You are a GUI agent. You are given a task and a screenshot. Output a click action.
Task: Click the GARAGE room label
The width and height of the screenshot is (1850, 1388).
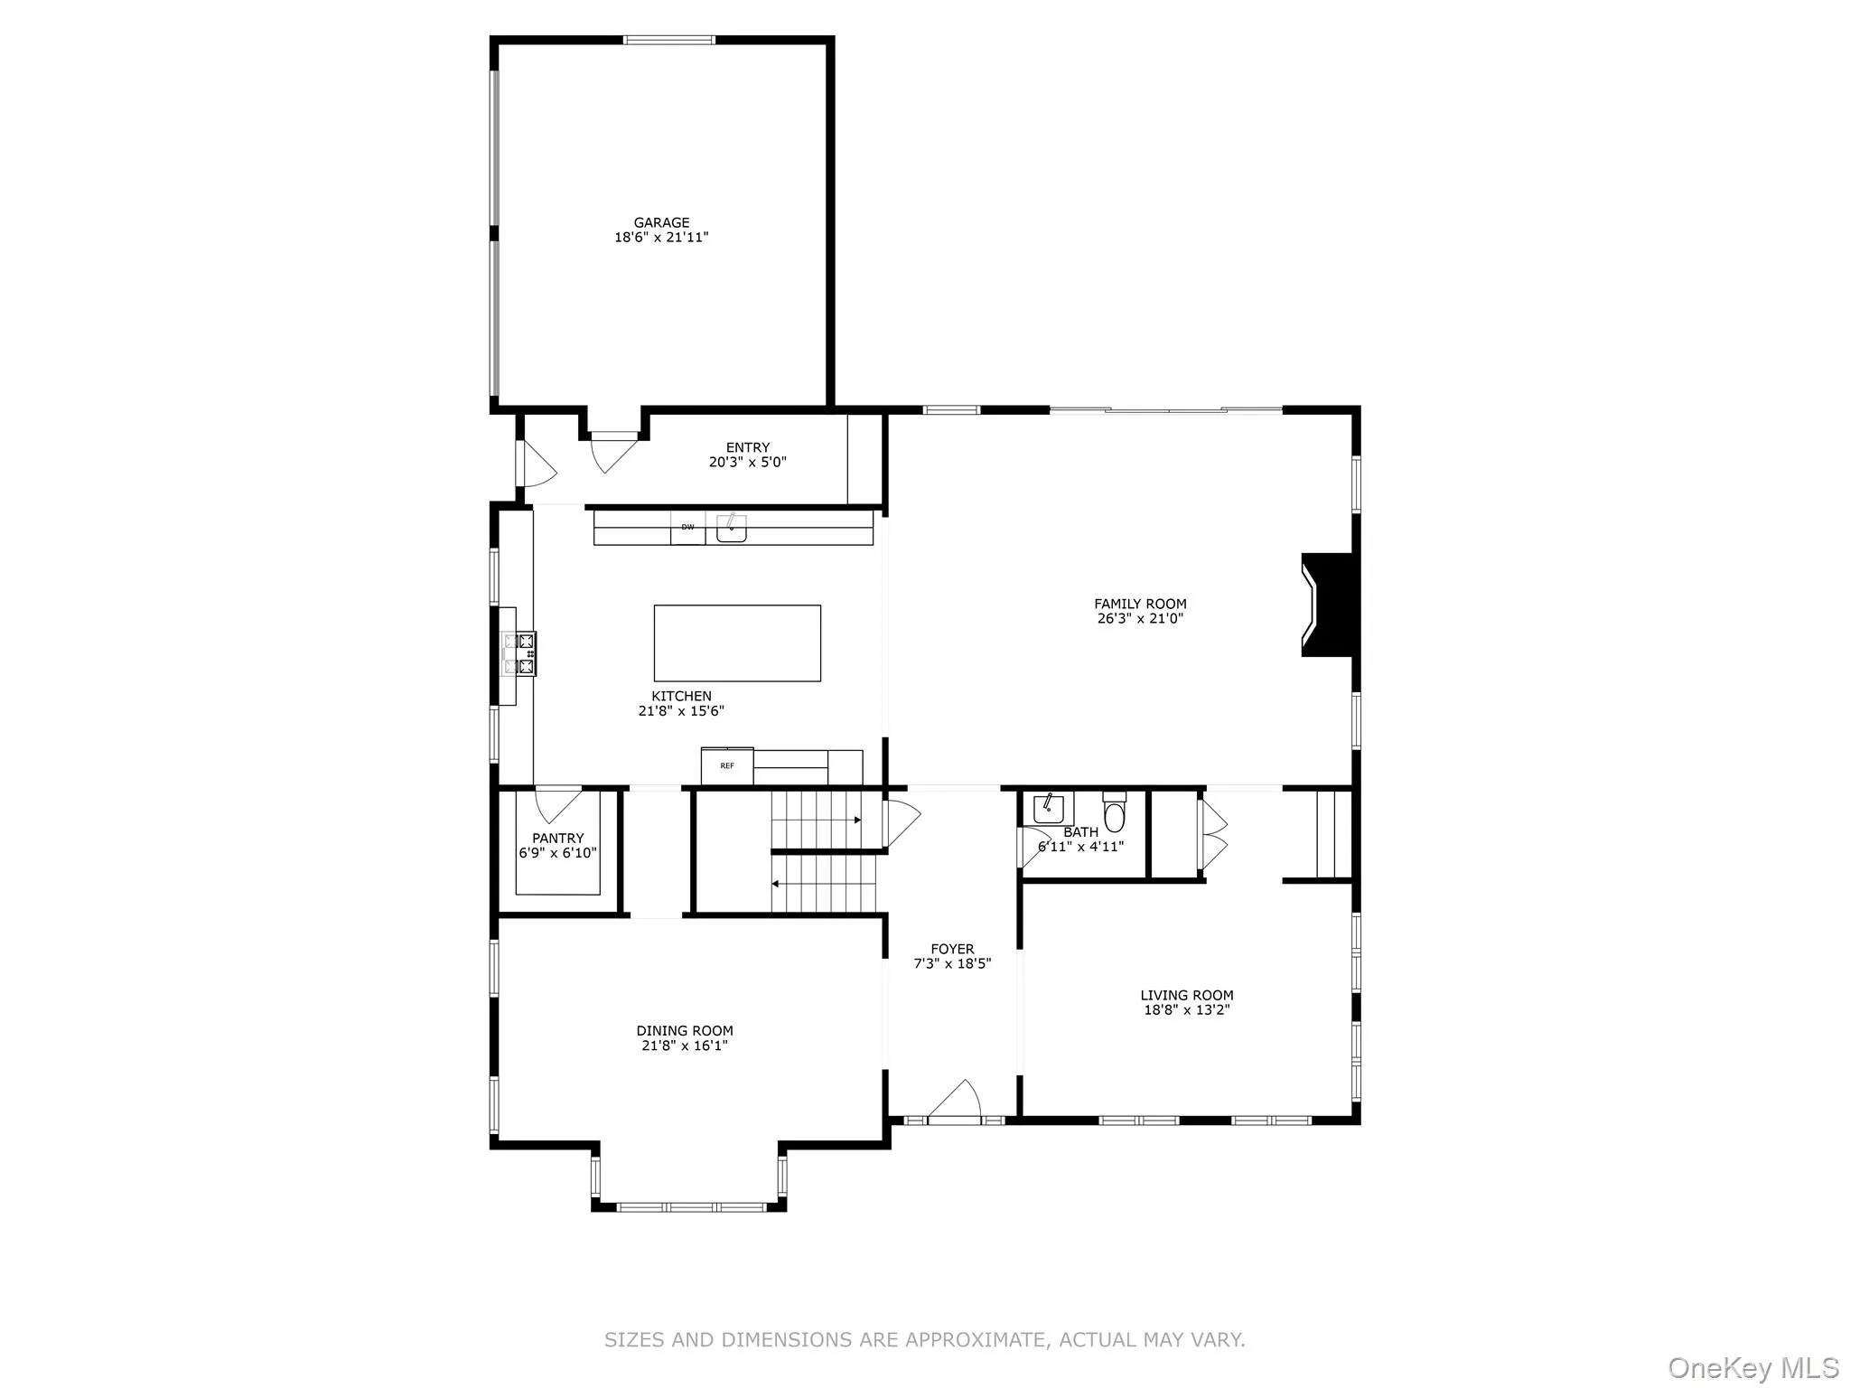pos(661,222)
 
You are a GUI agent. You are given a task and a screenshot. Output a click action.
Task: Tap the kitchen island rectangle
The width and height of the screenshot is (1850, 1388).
pos(737,642)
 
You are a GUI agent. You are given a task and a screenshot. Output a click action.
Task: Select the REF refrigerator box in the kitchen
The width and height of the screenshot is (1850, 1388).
pos(727,766)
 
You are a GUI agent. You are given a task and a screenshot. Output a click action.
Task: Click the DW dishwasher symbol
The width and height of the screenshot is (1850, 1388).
pos(687,528)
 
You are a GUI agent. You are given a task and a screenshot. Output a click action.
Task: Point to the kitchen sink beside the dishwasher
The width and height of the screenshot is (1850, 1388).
pos(731,528)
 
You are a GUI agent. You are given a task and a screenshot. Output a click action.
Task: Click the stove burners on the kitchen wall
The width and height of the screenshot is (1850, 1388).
pos(526,653)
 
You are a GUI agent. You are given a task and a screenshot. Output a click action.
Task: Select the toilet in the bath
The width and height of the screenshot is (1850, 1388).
pos(1115,813)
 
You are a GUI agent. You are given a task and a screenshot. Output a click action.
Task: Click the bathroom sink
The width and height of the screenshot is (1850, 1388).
pos(1048,807)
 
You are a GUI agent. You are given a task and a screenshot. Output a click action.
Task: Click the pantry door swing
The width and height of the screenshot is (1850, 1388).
pos(557,803)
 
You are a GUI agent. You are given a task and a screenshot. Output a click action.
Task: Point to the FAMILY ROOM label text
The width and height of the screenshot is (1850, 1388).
pos(1140,604)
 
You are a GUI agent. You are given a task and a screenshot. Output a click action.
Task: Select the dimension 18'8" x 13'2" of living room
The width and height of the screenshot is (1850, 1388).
pos(1187,1010)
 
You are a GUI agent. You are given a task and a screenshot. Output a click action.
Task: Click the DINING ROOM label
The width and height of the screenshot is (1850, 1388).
pos(685,1030)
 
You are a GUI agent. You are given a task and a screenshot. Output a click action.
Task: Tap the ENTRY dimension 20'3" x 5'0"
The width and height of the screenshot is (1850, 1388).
pos(747,463)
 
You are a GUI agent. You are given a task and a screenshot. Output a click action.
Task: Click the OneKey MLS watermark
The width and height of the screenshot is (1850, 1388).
pos(1752,1367)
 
